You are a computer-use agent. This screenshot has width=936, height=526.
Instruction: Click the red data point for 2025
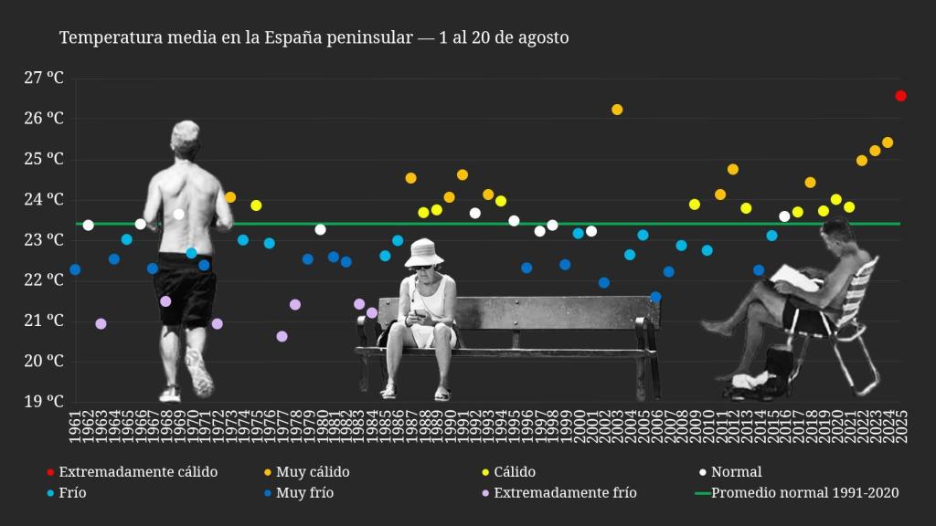point(900,96)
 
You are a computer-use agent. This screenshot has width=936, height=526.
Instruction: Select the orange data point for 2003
point(617,110)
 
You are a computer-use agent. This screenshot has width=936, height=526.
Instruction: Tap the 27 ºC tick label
point(44,79)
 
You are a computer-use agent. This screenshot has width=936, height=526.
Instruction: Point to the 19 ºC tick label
point(44,401)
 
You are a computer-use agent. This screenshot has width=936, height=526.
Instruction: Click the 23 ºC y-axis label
point(44,240)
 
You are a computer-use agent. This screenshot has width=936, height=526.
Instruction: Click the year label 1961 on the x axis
point(75,427)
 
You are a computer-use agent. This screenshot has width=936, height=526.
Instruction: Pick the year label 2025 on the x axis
point(901,427)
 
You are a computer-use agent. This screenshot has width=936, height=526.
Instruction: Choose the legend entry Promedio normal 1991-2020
point(804,493)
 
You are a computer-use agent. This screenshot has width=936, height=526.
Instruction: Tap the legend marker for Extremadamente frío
point(485,493)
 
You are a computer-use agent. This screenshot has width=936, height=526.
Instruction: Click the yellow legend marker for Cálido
point(485,472)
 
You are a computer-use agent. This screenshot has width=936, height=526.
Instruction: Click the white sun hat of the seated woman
point(424,251)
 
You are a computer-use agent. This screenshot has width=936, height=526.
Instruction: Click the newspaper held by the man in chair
point(795,278)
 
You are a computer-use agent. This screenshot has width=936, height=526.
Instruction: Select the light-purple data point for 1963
point(101,324)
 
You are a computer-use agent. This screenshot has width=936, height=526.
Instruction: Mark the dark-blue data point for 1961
point(75,269)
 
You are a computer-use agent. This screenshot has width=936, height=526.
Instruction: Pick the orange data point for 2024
point(888,142)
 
